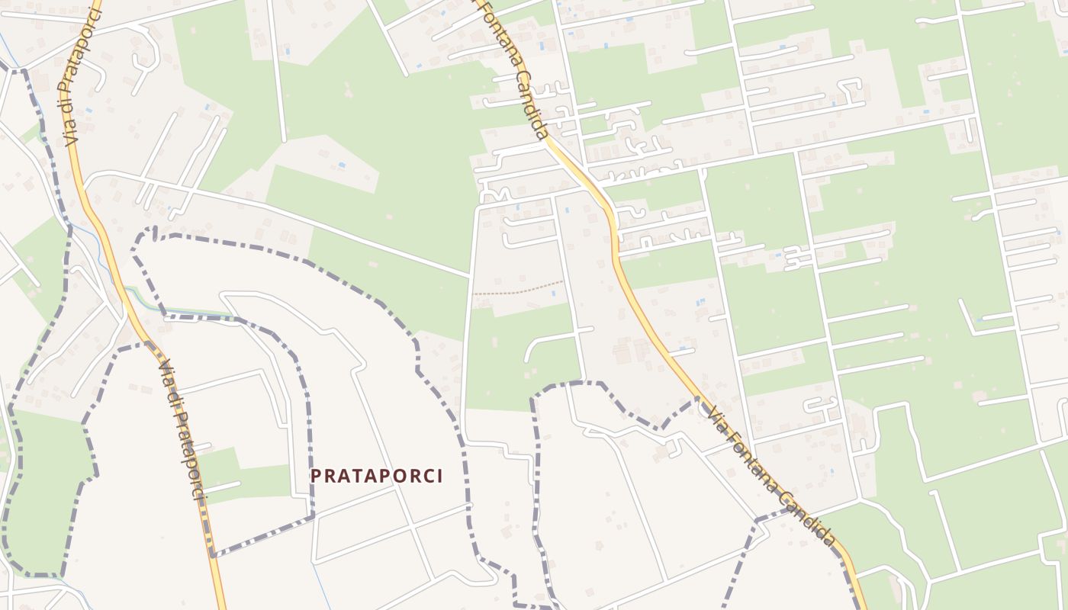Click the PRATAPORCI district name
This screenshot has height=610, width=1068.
coord(376,476)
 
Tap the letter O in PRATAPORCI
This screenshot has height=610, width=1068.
coord(403,476)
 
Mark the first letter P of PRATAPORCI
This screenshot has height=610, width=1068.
coord(316,476)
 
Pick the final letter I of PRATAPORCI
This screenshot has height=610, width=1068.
coord(439,476)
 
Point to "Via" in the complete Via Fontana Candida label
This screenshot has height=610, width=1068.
coord(718,418)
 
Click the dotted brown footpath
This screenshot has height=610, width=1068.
coord(519,290)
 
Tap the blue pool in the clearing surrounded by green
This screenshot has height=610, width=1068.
coord(341,165)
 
